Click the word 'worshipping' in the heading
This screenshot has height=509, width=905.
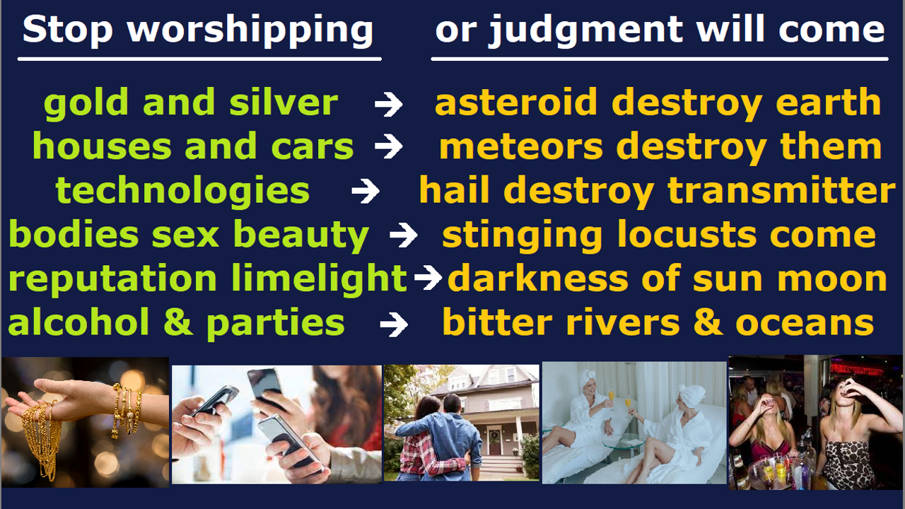[x=250, y=30]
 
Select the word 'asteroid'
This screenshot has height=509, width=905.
[x=516, y=103]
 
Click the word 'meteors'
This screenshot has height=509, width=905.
[x=521, y=146]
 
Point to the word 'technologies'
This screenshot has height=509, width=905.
[x=182, y=191]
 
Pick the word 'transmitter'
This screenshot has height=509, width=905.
[x=781, y=190]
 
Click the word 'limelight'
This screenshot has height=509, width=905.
[x=319, y=279]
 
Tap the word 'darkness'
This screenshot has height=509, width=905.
[x=538, y=279]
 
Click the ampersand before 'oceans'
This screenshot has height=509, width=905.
[x=708, y=322]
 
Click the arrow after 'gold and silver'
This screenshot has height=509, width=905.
[x=389, y=104]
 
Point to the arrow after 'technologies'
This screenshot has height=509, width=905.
[x=366, y=191]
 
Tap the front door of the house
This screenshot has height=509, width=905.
[x=494, y=442]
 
